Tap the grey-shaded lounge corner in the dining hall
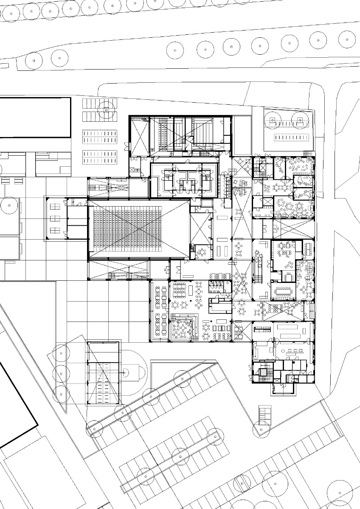(183, 329)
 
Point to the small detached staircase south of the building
(265, 413)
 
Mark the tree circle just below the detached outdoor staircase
(262, 429)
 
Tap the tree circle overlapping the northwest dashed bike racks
(106, 109)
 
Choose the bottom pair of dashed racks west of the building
(99, 154)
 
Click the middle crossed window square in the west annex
(55, 219)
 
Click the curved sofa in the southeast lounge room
(257, 350)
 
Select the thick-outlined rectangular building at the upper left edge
(35, 117)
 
